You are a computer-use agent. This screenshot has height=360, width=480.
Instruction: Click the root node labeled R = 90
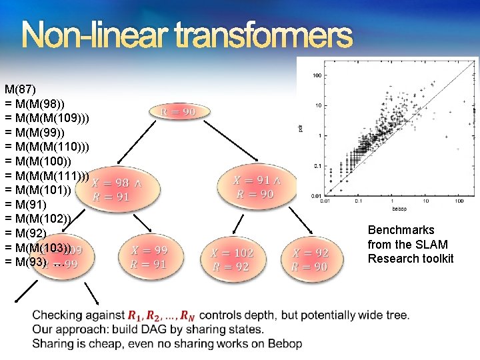pos(179,112)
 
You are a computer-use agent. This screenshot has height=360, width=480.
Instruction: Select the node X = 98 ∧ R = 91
pos(117,189)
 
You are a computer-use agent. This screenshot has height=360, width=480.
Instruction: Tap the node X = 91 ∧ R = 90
pos(257,187)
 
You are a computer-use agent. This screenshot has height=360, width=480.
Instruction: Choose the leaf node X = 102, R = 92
pos(232,259)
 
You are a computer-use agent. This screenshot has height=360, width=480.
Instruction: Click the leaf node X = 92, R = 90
pos(311,259)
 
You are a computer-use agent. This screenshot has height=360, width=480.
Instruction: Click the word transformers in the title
pos(264,36)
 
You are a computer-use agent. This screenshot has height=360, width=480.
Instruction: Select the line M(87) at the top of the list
pos(21,89)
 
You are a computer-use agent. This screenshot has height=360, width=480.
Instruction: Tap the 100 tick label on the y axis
pos(317,75)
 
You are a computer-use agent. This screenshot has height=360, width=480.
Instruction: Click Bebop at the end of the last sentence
pos(286,343)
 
